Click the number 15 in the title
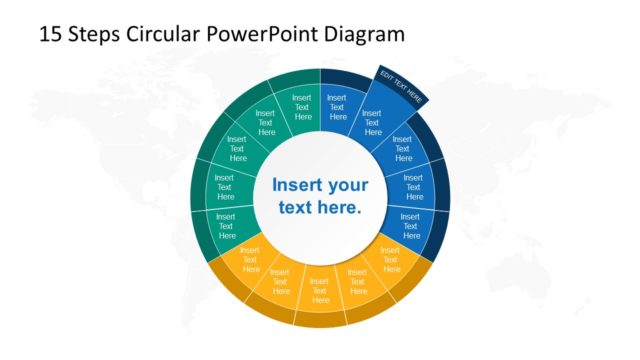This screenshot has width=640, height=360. click(x=52, y=34)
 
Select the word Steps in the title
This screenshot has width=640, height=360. click(x=97, y=34)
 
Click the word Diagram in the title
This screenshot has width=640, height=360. click(x=367, y=34)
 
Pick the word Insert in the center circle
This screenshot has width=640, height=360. click(x=298, y=185)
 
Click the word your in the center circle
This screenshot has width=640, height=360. click(x=348, y=185)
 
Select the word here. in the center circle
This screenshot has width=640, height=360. click(x=338, y=208)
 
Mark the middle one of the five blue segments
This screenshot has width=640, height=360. click(x=403, y=150)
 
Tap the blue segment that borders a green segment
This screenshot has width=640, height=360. click(x=337, y=106)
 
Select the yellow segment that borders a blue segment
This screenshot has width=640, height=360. click(x=390, y=258)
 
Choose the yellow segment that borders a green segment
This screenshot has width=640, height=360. click(x=250, y=258)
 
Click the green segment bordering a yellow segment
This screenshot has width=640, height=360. click(x=226, y=223)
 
